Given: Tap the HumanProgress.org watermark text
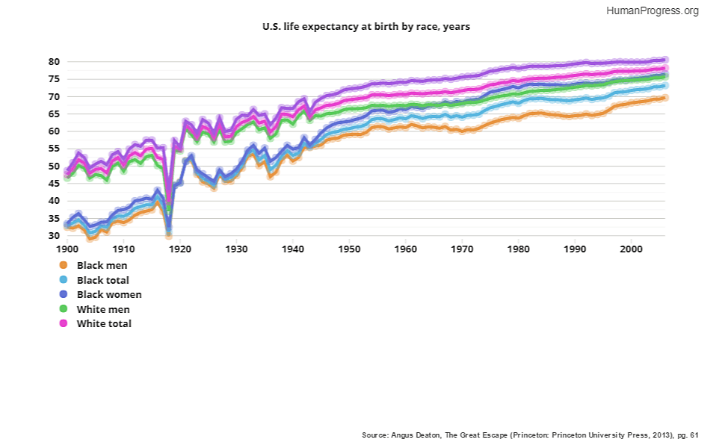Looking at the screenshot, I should coord(652,10).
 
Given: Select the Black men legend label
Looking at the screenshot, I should coord(102,265).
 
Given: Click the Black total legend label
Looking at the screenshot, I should coord(103,280).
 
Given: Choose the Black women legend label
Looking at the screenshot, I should coord(109,294).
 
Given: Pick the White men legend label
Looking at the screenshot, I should coord(103,309).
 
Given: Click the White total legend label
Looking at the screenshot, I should coord(104,323).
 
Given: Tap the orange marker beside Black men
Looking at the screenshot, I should coord(63,265).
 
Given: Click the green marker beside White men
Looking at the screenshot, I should coord(63,309).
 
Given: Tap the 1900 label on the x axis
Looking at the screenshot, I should coord(67,248).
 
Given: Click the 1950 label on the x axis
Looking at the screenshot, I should coord(349,248).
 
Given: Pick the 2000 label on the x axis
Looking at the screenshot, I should coord(631,248).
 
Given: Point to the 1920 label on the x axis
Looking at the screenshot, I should coord(180,248).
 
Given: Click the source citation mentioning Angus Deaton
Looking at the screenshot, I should coord(529,434).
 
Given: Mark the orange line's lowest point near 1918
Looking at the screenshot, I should coord(169,235).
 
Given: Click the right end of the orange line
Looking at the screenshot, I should coord(664,98).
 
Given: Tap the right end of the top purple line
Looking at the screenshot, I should coord(664,59).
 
